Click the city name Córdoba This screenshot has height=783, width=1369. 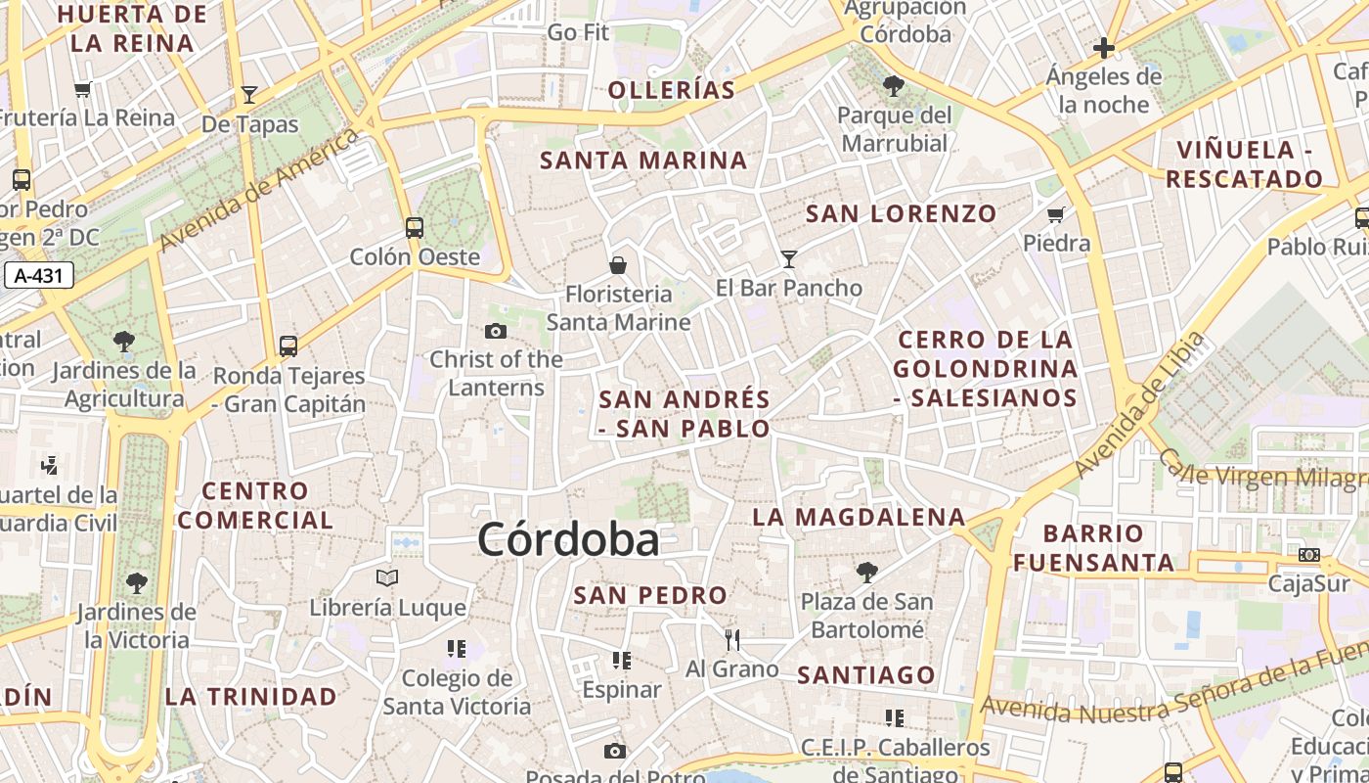point(568,540)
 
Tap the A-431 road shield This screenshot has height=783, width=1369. point(39,276)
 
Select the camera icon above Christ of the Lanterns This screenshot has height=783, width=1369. point(496,332)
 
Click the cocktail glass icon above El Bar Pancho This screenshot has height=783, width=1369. point(789,259)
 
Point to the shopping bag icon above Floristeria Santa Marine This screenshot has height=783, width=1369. point(618,265)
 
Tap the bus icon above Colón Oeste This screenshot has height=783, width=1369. point(415,228)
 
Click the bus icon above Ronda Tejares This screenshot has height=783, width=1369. point(288,345)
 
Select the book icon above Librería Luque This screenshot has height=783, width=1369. point(388,577)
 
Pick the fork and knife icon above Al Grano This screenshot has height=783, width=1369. point(732,640)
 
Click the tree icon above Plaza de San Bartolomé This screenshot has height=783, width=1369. point(866,572)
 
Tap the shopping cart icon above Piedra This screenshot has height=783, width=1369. point(1056,214)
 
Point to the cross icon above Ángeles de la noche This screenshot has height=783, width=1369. point(1104,48)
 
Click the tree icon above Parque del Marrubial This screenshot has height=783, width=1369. point(893,86)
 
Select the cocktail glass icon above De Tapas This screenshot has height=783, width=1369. point(249,95)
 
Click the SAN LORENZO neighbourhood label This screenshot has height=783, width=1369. point(901,213)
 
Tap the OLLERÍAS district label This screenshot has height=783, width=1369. point(672,90)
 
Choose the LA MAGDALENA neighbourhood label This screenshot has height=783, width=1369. point(859,517)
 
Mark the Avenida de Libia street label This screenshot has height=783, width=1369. point(1140,405)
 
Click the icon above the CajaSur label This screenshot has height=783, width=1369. point(1309,555)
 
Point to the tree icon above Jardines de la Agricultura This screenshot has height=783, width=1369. point(123,342)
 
